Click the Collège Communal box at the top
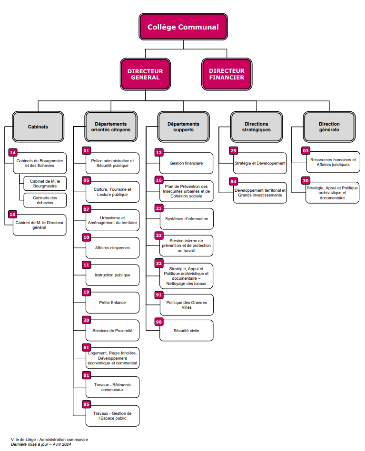[183, 27]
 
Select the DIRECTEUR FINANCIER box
[226, 74]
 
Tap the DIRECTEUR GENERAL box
[145, 74]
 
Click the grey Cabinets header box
[38, 127]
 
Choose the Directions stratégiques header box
[256, 127]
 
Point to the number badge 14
[13, 153]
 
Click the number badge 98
[159, 322]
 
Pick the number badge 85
[86, 404]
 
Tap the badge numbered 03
[306, 151]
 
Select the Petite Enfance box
[112, 303]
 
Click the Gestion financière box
[186, 163]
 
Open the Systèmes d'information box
[186, 219]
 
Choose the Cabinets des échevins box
[45, 200]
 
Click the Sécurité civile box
[186, 331]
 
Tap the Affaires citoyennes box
[112, 248]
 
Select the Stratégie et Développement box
[260, 163]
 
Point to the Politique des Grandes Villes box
[186, 305]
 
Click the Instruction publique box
[112, 275]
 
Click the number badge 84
[233, 182]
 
